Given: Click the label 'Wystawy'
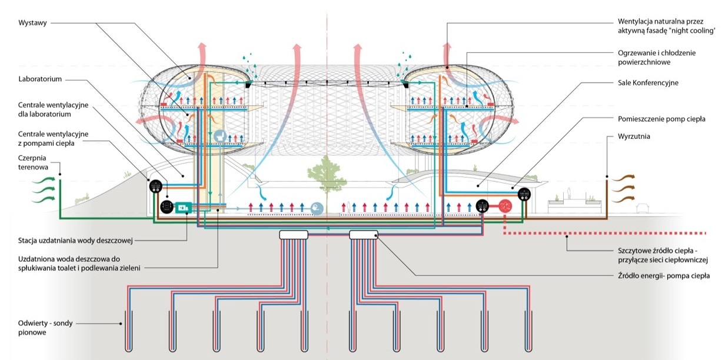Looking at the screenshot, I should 33,23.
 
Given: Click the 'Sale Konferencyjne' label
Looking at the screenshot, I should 648,83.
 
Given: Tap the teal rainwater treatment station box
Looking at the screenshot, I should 182,208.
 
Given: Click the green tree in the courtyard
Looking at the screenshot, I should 325,174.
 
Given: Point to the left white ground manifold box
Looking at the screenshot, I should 294,235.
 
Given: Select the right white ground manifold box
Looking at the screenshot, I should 364,235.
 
